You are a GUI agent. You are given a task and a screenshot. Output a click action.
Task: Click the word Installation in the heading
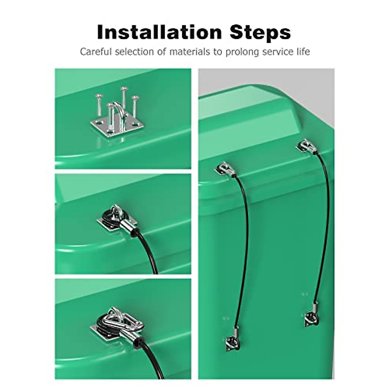(159, 32)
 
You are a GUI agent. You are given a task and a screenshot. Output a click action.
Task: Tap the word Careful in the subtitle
(96, 52)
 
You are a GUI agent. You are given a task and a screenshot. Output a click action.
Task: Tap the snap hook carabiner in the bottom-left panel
(113, 319)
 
